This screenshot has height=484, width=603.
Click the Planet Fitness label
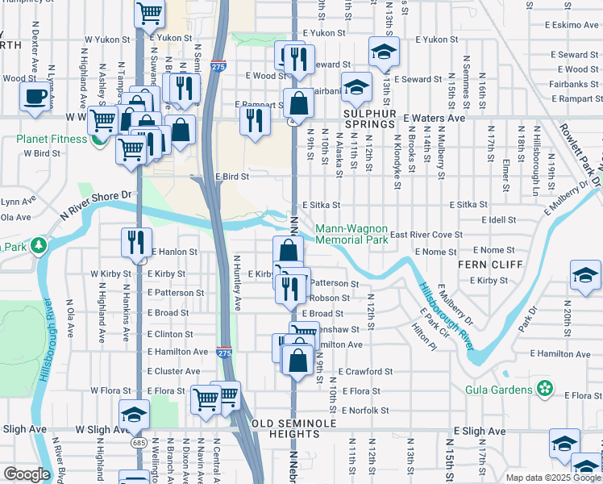pyautogui.click(x=52, y=139)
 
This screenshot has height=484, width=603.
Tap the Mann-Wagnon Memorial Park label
pyautogui.click(x=351, y=234)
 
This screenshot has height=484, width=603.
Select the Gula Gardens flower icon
pyautogui.click(x=546, y=390)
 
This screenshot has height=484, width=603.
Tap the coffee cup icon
pyautogui.click(x=34, y=98)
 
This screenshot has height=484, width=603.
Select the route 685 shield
pyautogui.click(x=139, y=442)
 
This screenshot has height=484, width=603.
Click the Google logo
pyautogui.click(x=27, y=474)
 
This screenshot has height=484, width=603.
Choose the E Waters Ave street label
pyautogui.click(x=435, y=118)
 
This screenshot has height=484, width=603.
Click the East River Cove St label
pyautogui.click(x=426, y=235)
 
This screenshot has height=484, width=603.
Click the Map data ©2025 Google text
pyautogui.click(x=553, y=478)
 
